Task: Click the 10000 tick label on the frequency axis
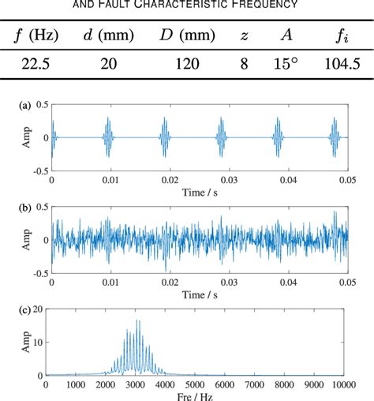click(x=347, y=384)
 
